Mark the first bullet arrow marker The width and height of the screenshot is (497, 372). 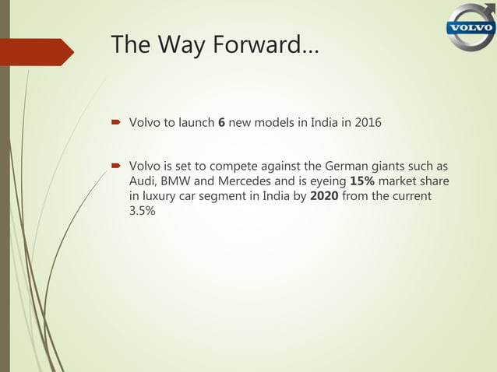tap(114, 122)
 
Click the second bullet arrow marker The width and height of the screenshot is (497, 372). tap(114, 166)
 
